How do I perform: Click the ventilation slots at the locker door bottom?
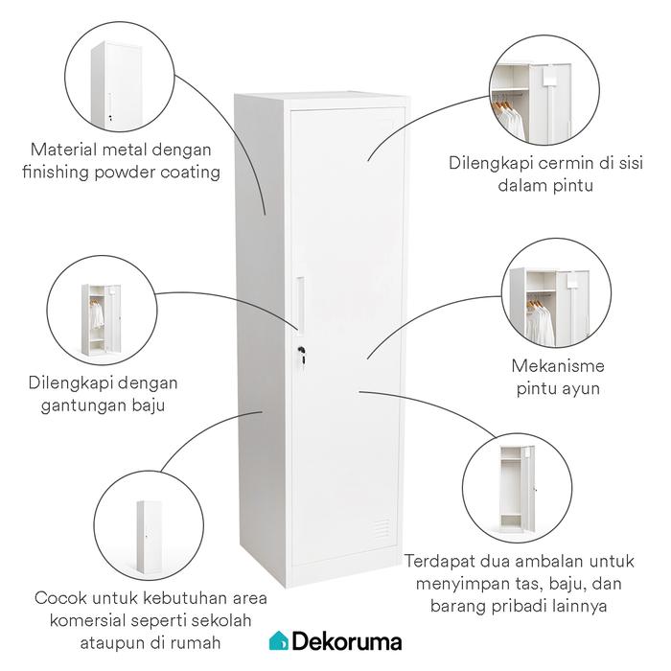coord(381,528)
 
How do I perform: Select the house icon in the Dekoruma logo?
coord(277,640)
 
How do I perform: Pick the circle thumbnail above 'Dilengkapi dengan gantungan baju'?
coord(102,317)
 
